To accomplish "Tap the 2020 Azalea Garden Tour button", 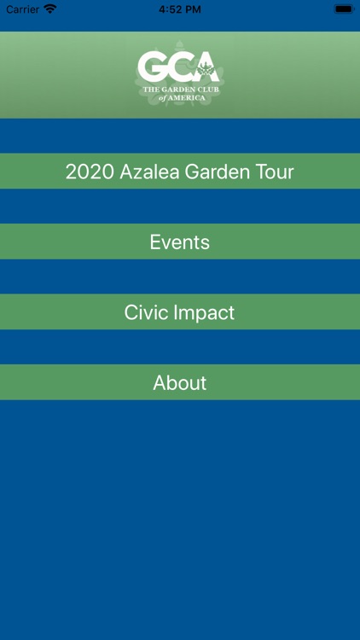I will [179, 172].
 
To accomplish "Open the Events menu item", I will [179, 242].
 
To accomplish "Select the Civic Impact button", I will [179, 312].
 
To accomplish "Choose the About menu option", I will [179, 383].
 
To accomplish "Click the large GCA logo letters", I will [179, 67].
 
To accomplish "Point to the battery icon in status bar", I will [343, 9].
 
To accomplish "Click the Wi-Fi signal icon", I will [50, 9].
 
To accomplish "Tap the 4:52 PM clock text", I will [180, 9].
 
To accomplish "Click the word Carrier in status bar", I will [23, 9].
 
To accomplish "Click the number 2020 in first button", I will [90, 172].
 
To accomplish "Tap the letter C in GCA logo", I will [180, 67].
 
